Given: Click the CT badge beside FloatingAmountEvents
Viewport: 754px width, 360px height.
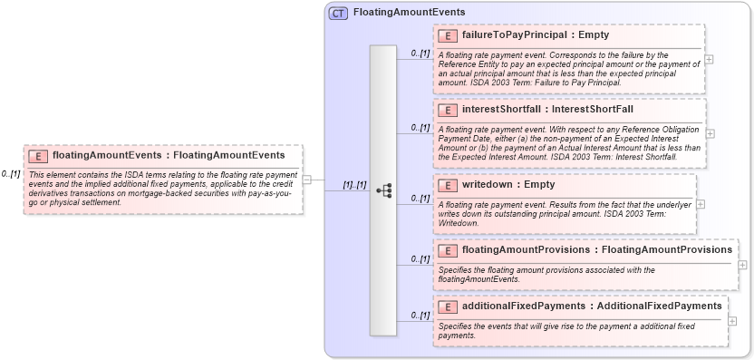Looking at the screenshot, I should (x=338, y=13).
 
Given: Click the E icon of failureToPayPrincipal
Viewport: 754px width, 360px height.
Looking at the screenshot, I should (x=447, y=35).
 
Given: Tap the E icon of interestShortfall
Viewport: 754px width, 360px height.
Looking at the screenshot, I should (x=447, y=110).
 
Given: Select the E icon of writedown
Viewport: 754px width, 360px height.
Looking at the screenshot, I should (x=447, y=185).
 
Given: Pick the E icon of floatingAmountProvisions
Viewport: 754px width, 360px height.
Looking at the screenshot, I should (x=447, y=249).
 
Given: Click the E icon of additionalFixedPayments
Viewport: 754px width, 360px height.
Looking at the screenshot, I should (x=447, y=306).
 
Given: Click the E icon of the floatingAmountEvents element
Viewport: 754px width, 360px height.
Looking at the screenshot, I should (x=37, y=155).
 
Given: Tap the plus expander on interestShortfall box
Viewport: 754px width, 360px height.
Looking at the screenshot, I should (x=710, y=133).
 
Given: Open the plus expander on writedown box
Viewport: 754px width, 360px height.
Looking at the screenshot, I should (x=701, y=204).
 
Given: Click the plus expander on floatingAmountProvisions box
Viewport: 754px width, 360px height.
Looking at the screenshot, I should (x=742, y=265).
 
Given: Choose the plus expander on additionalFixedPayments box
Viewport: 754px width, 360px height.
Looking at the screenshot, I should (x=732, y=321).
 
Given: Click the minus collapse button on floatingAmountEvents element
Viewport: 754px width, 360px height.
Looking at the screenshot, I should (x=306, y=179).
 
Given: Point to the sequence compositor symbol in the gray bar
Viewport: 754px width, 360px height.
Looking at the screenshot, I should (x=383, y=190).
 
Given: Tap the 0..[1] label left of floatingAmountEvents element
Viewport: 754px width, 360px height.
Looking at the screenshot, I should (x=11, y=174).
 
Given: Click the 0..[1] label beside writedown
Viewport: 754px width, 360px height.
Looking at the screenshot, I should (x=420, y=198).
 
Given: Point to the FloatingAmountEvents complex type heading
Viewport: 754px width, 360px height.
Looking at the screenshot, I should (x=410, y=13).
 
